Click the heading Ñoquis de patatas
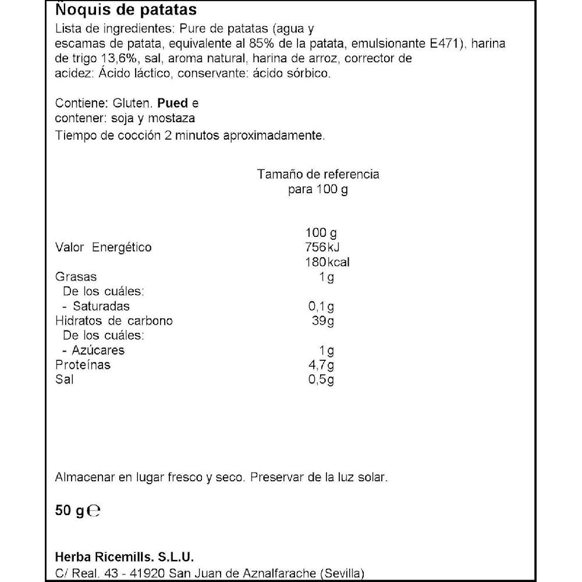(x=125, y=10)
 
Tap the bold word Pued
(x=173, y=104)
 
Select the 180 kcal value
(x=327, y=262)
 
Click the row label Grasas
(x=76, y=277)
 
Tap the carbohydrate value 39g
(x=322, y=321)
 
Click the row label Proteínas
(x=83, y=365)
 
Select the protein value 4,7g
(x=321, y=365)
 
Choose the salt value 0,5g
(x=321, y=380)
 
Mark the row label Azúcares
(x=98, y=350)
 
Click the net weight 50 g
(x=70, y=511)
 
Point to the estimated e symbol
(x=94, y=511)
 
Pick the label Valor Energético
(x=103, y=247)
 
